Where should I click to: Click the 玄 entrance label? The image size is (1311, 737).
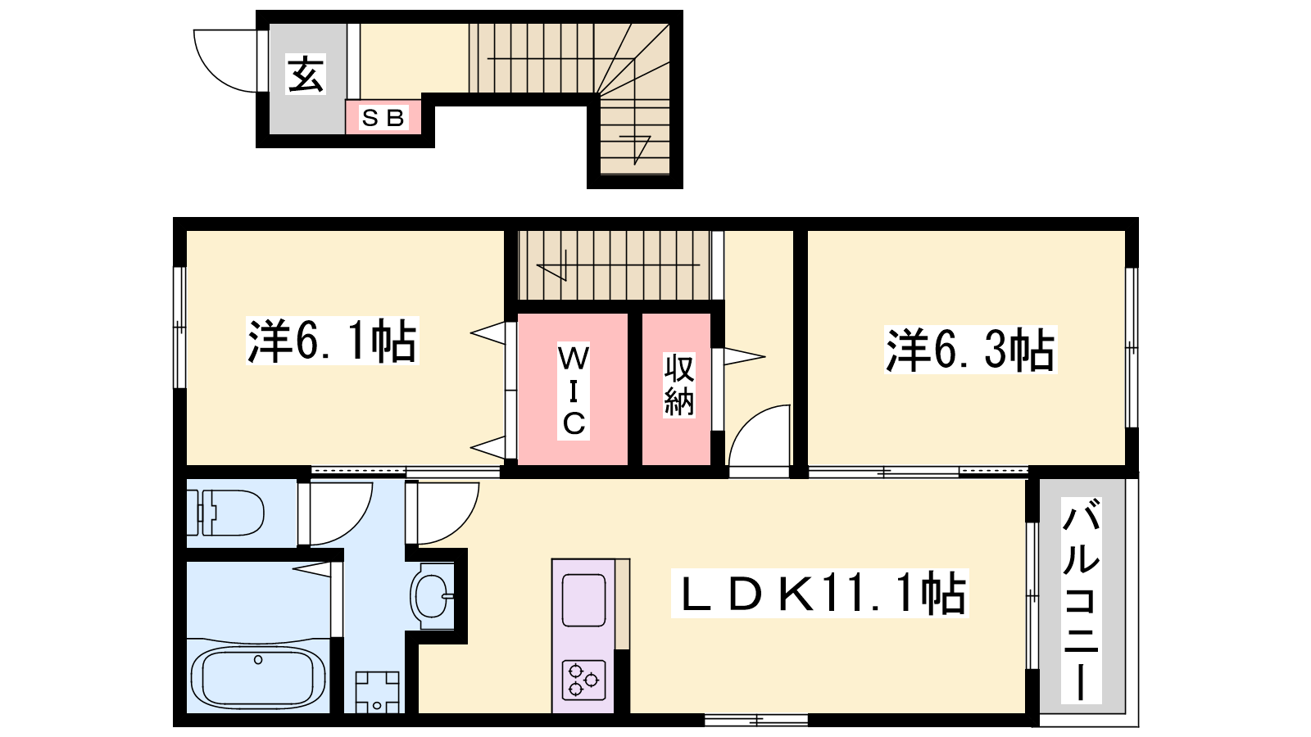[306, 75]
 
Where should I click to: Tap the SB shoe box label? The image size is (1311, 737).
[383, 118]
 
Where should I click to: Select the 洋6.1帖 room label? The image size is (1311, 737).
[333, 341]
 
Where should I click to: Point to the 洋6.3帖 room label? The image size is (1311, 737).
[970, 350]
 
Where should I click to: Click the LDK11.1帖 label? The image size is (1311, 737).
[820, 593]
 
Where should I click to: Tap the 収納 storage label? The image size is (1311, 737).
[679, 385]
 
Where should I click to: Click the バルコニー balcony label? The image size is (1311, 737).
[1081, 601]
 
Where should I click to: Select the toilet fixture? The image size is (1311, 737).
[225, 513]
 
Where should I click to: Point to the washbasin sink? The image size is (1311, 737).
[433, 596]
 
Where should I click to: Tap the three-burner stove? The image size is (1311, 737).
[583, 680]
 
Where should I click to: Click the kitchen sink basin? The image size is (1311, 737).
[583, 600]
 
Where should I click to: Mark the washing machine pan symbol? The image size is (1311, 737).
[378, 692]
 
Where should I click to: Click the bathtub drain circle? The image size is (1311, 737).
[258, 660]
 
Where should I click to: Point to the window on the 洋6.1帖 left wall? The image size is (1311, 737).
[179, 328]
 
